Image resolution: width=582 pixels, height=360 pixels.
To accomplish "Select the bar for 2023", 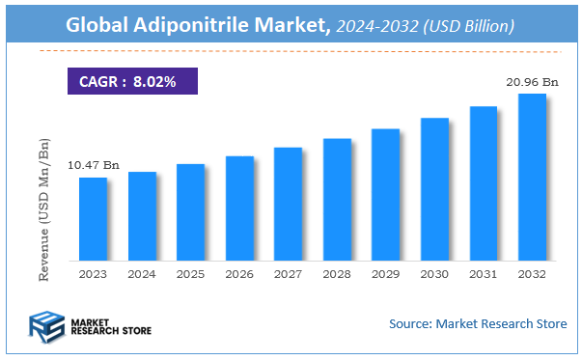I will point(93,219).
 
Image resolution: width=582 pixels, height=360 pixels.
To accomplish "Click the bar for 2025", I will point(190,212).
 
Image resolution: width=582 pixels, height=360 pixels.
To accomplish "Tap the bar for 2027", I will point(288,204).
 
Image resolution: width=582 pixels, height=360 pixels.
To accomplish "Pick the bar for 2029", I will point(385,194).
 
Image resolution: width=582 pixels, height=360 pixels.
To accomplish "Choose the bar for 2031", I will point(483,183).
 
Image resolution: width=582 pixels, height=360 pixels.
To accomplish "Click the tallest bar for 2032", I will point(532,177).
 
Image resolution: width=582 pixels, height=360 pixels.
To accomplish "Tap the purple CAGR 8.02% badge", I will point(131,82).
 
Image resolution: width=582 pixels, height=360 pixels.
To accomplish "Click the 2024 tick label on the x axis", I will point(142,275).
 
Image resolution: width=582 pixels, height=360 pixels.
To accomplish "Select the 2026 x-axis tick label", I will point(239,275).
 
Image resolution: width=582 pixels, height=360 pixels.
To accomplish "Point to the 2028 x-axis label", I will point(337,275).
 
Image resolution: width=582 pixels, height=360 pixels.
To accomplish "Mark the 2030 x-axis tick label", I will point(434,275).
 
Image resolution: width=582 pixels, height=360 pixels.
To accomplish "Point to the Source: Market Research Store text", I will point(477,323).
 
